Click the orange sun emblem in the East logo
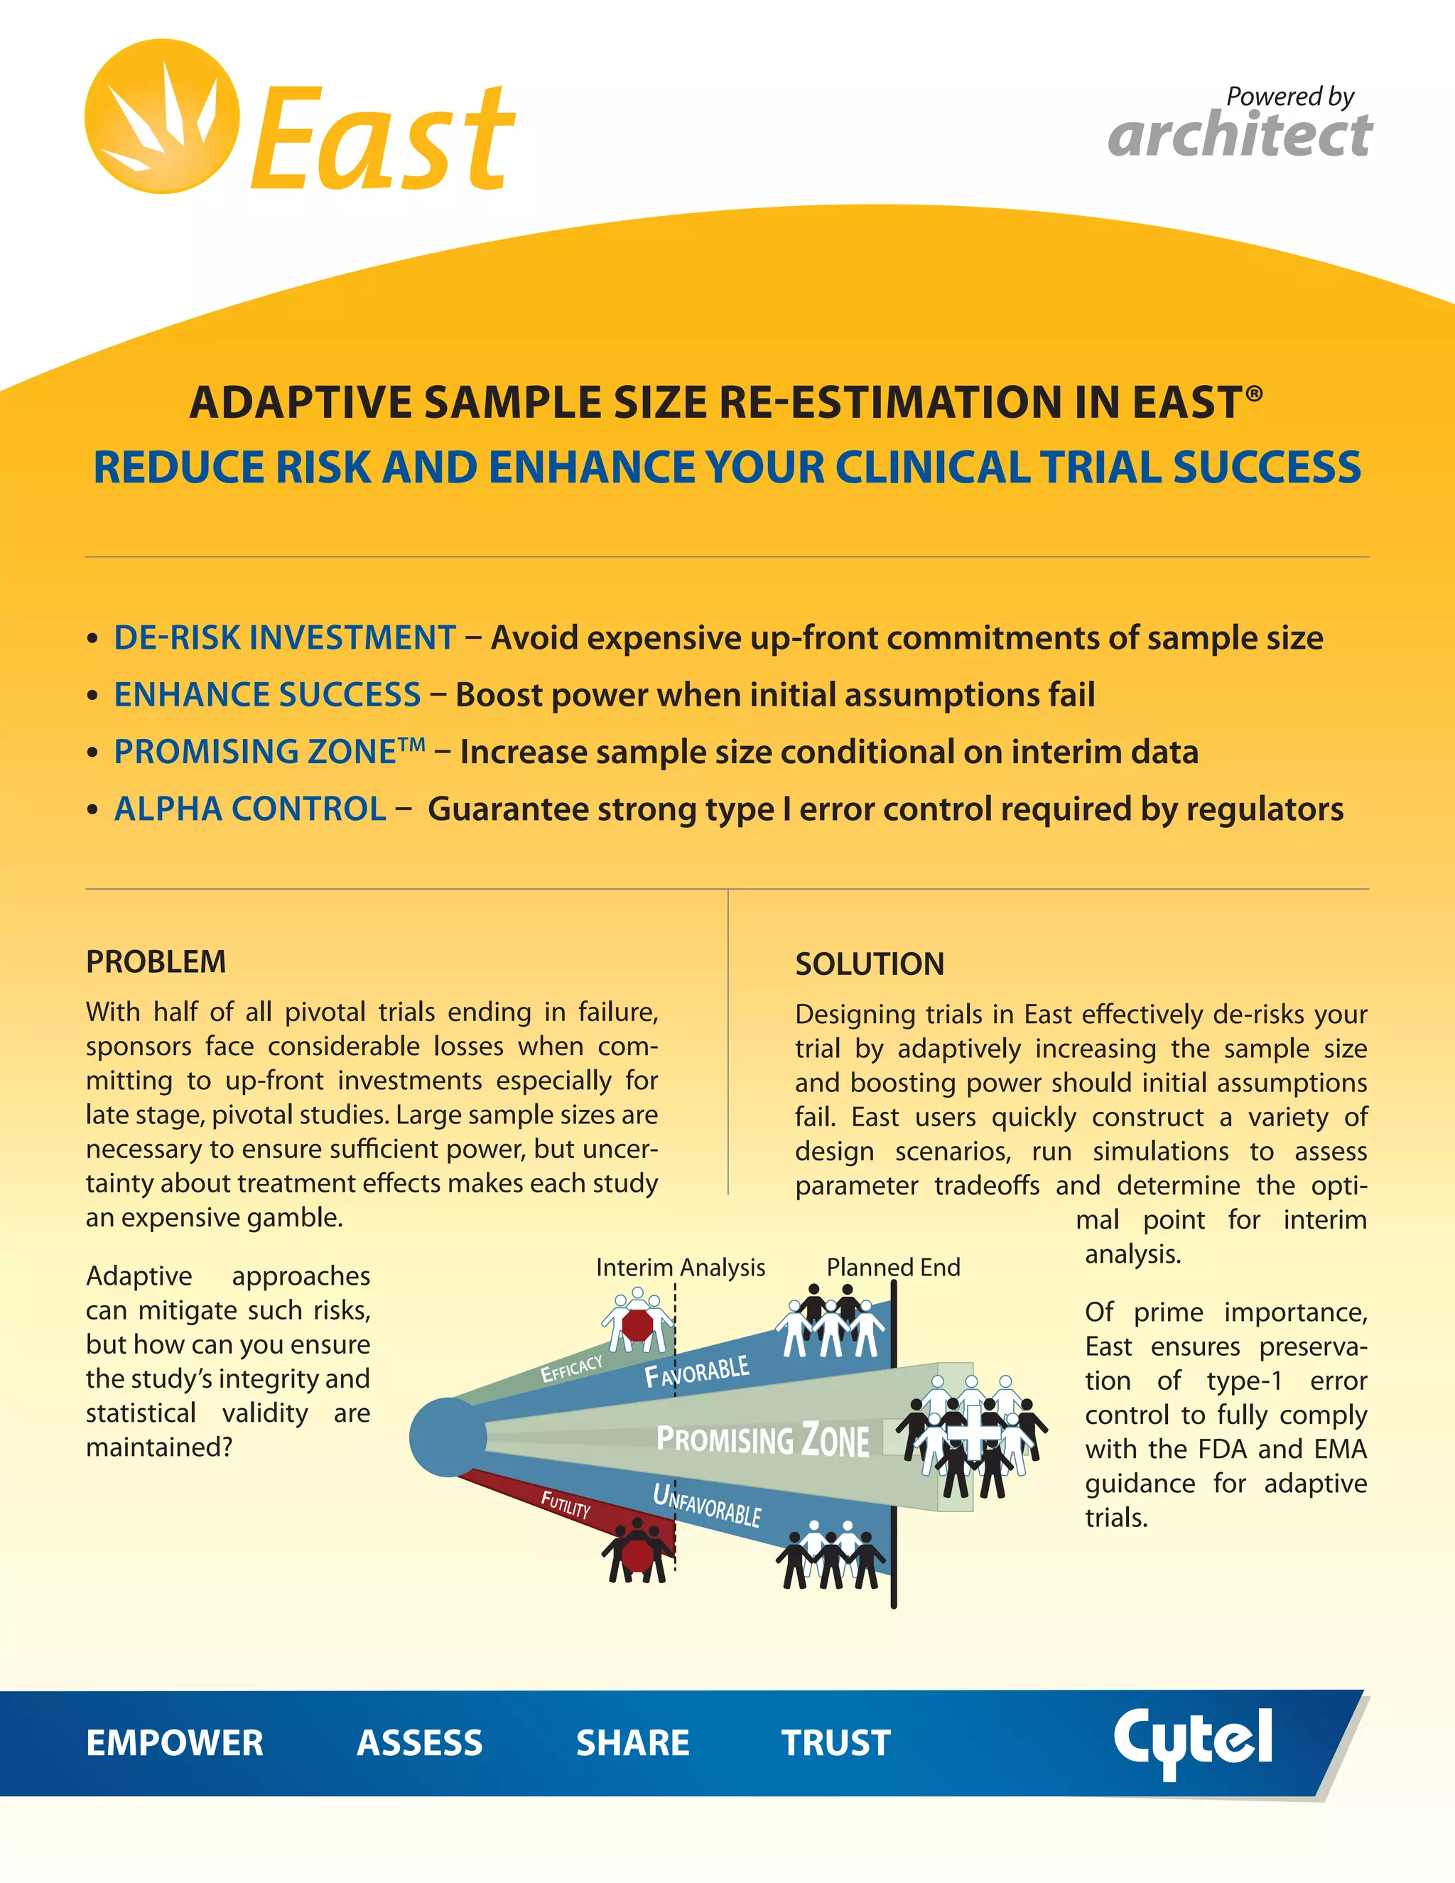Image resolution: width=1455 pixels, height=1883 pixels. [162, 117]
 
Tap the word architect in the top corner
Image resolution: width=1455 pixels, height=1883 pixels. [1240, 135]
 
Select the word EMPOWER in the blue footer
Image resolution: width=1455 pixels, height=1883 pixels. [175, 1742]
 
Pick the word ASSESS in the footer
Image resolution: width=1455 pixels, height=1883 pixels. [420, 1742]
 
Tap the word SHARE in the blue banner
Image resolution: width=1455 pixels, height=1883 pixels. [633, 1742]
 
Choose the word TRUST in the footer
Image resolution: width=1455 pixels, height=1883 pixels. [835, 1742]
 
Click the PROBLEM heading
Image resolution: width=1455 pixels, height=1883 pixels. [156, 961]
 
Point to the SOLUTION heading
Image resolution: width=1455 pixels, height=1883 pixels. [870, 964]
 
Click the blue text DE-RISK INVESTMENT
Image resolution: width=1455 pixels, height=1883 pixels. [284, 638]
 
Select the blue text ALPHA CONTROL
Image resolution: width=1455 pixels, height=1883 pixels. [250, 809]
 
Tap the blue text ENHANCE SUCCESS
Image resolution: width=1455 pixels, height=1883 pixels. [267, 695]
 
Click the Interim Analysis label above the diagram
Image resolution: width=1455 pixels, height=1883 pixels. [680, 1268]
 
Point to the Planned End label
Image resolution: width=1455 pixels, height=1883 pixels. [893, 1268]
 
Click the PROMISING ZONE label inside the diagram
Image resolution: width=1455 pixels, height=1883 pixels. [762, 1440]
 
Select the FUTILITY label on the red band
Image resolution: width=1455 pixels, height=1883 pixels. [566, 1504]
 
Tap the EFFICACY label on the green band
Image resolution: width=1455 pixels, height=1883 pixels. [571, 1369]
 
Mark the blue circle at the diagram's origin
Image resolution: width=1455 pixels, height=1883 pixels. [446, 1437]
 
